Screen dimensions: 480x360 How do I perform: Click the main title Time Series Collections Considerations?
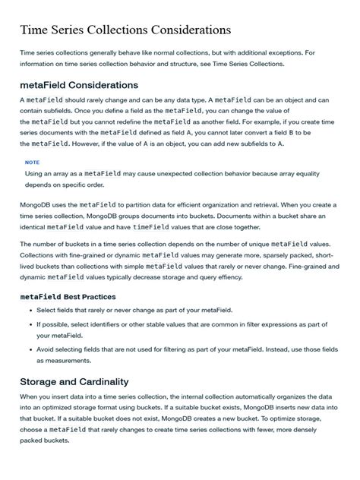pos(125,30)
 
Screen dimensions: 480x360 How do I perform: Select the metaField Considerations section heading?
pos(79,85)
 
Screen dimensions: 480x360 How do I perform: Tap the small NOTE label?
pos(32,162)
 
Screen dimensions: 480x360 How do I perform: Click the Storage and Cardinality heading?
pos(74,381)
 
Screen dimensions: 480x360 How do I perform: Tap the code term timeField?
pos(150,226)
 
